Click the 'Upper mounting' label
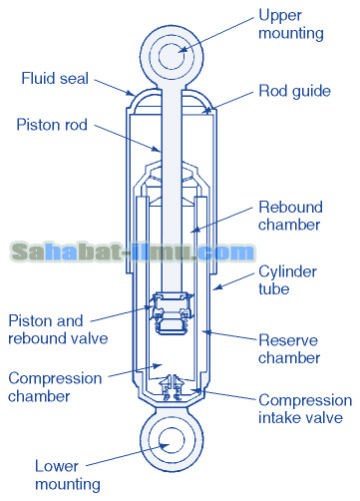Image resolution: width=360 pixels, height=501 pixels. pyautogui.click(x=291, y=24)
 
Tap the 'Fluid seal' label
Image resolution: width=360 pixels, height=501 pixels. pyautogui.click(x=54, y=78)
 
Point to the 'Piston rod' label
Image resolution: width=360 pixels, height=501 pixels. pyautogui.click(x=53, y=125)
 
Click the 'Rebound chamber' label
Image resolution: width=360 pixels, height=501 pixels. pyautogui.click(x=290, y=217)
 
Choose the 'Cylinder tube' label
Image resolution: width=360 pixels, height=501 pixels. pyautogui.click(x=289, y=279)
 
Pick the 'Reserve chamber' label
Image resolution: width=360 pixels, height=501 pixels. pyautogui.click(x=289, y=348)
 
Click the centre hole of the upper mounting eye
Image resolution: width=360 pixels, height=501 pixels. pyautogui.click(x=180, y=51)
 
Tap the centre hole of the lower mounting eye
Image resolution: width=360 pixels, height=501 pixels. pyautogui.click(x=180, y=442)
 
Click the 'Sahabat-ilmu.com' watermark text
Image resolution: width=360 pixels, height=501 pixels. pyautogui.click(x=133, y=252)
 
